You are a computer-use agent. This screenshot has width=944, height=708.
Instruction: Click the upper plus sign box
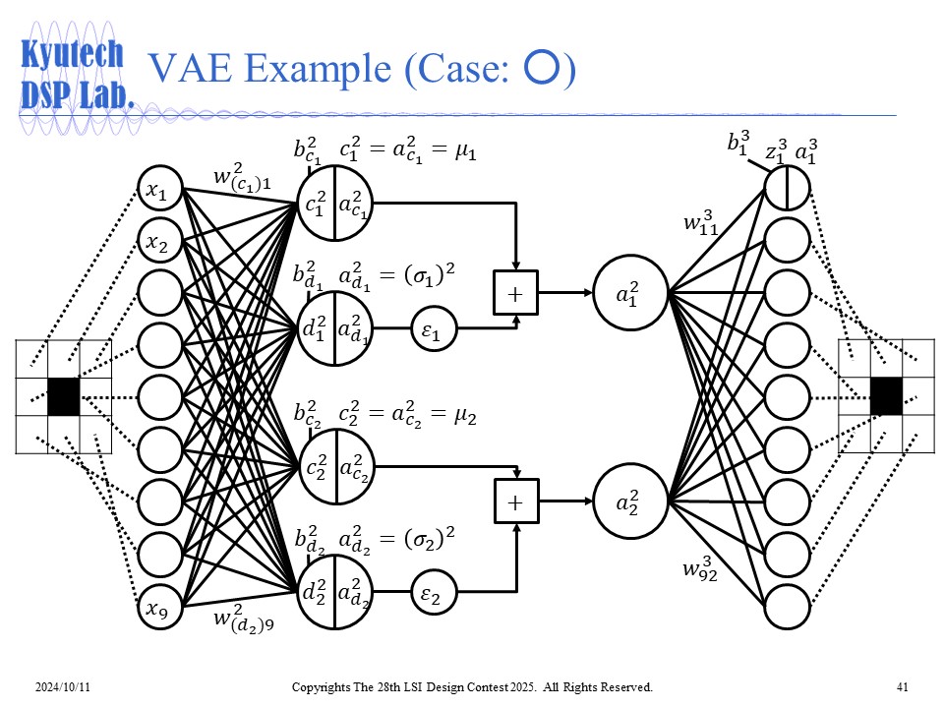(514, 293)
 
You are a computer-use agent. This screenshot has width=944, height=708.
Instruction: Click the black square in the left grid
(64, 396)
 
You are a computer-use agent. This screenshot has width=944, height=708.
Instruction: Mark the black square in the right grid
(885, 396)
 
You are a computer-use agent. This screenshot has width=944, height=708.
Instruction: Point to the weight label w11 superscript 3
(700, 223)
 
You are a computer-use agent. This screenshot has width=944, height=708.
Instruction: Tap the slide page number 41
(902, 685)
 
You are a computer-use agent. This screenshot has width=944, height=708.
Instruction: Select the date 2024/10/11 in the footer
(60, 685)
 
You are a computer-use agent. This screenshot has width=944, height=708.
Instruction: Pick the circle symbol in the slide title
(543, 68)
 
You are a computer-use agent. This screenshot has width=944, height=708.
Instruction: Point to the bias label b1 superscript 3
(737, 145)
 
